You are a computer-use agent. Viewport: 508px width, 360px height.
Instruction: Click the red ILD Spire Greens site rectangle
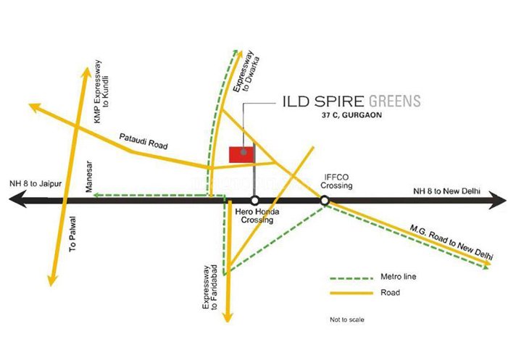point(242,154)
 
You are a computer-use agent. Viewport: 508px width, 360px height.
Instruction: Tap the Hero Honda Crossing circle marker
point(254,201)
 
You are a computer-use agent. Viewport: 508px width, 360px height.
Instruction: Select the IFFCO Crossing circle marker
point(325,201)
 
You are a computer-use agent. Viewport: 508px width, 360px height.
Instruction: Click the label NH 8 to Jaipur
point(32,184)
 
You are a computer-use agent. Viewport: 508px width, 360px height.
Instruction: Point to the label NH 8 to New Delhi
point(446,191)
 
